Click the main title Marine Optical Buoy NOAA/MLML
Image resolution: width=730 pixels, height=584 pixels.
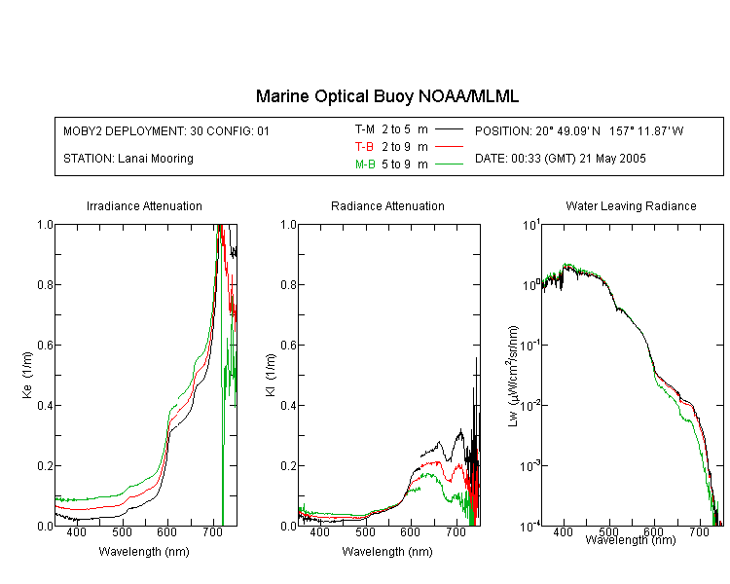click(386, 96)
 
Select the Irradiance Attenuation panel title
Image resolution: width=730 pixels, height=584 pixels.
click(144, 205)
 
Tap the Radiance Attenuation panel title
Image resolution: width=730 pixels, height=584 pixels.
click(387, 205)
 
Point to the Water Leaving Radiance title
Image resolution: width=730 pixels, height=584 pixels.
click(631, 205)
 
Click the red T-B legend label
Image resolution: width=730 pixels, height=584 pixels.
click(364, 147)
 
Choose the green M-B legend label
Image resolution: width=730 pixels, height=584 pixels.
click(365, 164)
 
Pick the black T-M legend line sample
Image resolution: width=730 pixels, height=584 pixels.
click(449, 129)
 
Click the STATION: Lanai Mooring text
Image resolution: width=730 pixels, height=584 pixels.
click(128, 159)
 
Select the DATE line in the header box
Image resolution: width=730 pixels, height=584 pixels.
click(560, 159)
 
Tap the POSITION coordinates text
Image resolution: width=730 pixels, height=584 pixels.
click(579, 130)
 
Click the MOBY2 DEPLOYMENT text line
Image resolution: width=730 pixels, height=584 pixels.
click(166, 130)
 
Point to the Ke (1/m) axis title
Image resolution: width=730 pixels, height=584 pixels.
click(27, 375)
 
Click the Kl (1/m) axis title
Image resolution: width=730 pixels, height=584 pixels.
click(271, 375)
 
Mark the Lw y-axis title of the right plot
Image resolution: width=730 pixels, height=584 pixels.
click(513, 376)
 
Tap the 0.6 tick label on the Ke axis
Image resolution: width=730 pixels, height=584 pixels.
click(45, 346)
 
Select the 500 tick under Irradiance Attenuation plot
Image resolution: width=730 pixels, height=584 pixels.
click(122, 531)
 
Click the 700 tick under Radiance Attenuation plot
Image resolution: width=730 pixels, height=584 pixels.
click(456, 531)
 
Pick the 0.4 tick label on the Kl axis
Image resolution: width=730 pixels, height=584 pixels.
click(289, 406)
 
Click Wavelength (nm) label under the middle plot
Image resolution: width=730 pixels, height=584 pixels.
click(387, 552)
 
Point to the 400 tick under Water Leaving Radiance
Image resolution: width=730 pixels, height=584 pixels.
click(564, 531)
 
